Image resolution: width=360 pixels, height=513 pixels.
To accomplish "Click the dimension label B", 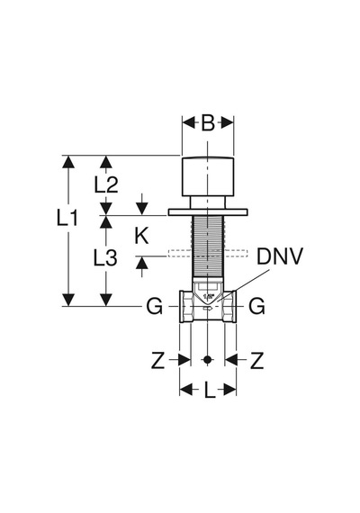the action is pos(208,123).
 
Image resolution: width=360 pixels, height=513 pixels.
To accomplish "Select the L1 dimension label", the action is pos(67,218).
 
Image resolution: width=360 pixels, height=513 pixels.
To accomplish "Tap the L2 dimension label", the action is pos(105,184).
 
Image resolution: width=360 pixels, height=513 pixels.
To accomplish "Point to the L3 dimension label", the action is pos(105,257).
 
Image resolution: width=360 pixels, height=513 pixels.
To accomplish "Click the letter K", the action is pos(141,236).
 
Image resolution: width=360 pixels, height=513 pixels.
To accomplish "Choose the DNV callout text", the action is pos(280,256).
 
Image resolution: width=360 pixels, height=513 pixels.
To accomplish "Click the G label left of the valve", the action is pos(154,307).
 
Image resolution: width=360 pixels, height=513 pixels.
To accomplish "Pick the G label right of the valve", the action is pos(256,307).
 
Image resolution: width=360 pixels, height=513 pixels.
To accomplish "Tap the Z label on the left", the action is pos(157,361).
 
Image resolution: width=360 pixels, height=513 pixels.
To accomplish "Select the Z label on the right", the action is pos(256,361).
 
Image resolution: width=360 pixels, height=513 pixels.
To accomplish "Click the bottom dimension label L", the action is pos(210,391).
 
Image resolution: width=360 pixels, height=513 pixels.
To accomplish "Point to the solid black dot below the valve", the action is pos(207,360).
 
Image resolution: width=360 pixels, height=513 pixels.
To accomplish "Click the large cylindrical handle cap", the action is pos(208,177).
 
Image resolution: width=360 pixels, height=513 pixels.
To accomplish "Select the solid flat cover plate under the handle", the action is pos(208,212).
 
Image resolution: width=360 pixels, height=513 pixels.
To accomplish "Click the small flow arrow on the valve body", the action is pos(208,308).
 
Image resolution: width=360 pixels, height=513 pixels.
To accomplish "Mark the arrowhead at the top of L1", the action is pos(68,162).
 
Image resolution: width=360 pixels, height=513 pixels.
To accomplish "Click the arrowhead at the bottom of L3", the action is pos(105,300).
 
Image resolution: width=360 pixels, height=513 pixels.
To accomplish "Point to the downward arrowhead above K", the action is pos(141,209).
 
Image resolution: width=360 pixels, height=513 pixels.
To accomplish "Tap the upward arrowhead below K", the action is pos(141,263).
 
